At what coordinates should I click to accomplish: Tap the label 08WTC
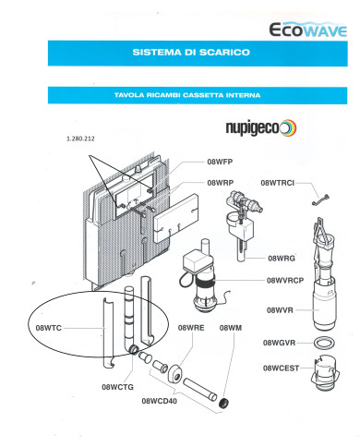[x=48, y=328]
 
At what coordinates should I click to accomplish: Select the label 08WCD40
[x=159, y=401]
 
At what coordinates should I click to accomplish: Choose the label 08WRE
[x=191, y=328]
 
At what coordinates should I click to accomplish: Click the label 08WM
[x=230, y=328]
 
